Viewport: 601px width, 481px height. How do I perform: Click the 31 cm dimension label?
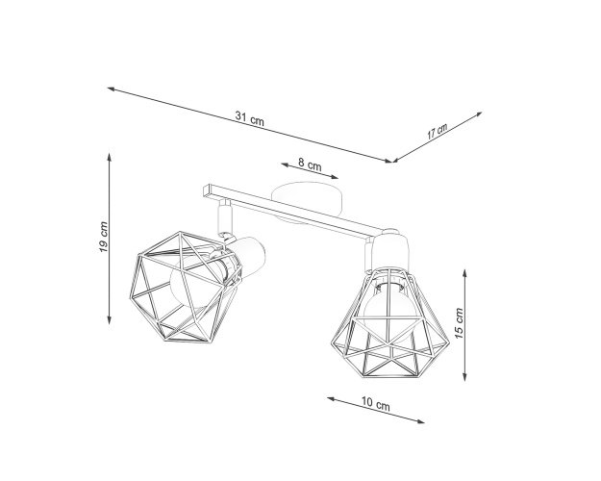pyautogui.click(x=249, y=118)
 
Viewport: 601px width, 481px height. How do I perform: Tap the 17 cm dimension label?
pyautogui.click(x=437, y=132)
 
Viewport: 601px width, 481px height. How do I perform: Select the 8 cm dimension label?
pyautogui.click(x=310, y=165)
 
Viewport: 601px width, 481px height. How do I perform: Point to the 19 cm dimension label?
pyautogui.click(x=104, y=237)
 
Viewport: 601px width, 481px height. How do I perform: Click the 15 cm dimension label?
pyautogui.click(x=460, y=323)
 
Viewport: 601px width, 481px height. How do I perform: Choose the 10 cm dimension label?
pyautogui.click(x=376, y=403)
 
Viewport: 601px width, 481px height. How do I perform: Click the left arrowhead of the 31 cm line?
pyautogui.click(x=112, y=89)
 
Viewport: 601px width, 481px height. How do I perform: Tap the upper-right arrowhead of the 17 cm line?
pyautogui.click(x=479, y=114)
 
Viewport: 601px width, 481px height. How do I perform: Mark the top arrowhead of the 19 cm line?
pyautogui.click(x=110, y=157)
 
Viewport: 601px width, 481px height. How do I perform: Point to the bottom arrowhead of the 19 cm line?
pyautogui.click(x=110, y=320)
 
